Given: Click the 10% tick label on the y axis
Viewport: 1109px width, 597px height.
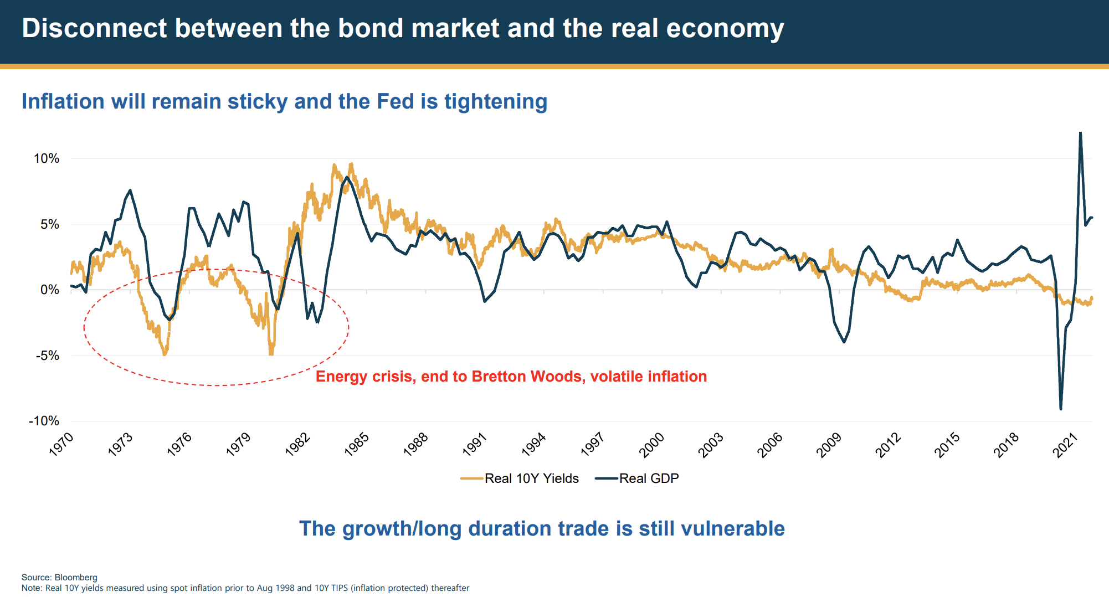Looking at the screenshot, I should (47, 158).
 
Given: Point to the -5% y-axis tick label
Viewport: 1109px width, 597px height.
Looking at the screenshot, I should (48, 356).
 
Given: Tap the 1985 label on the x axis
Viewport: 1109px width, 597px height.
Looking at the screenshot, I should (357, 444).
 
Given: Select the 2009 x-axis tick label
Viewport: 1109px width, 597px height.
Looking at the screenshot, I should (829, 444).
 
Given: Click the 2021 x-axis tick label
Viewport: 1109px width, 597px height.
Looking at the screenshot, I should (1065, 444).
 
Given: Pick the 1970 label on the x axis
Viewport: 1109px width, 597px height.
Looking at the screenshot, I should (61, 444).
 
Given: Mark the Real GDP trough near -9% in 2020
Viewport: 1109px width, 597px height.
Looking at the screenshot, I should (1061, 409).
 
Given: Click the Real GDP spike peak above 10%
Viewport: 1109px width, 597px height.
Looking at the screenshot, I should (1080, 133).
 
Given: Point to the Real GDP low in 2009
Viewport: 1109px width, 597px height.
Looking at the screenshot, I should (844, 342).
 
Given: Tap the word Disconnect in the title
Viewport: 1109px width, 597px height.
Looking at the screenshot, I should (94, 28).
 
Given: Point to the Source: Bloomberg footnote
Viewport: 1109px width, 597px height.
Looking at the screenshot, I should (59, 577).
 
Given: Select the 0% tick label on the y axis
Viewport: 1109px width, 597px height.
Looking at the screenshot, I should (50, 290).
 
